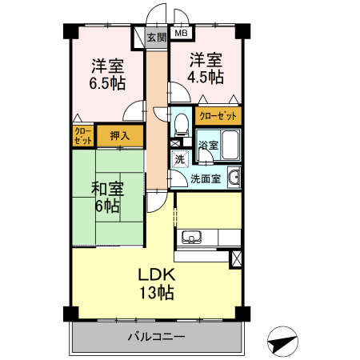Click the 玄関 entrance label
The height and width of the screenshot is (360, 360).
pos(157,36)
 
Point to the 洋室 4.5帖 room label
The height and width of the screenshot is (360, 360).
pos(206,68)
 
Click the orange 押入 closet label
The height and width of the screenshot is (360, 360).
pos(120,136)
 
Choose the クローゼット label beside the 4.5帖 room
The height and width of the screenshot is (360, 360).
pos(216,116)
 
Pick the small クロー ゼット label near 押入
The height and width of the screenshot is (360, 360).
pos(82,135)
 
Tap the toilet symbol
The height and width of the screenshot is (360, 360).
pos(182,123)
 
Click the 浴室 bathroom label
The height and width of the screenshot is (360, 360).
pos(208,146)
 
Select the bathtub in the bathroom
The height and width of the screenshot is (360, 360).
pos(230,146)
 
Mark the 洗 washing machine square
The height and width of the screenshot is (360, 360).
pos(180,158)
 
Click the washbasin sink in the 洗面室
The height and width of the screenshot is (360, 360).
pos(234,178)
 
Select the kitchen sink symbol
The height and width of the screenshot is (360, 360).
pos(192,237)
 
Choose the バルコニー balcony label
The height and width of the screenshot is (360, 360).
pos(156,337)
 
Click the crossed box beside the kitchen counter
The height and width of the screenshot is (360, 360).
pos(235,258)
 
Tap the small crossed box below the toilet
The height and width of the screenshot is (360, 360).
pos(175,143)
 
